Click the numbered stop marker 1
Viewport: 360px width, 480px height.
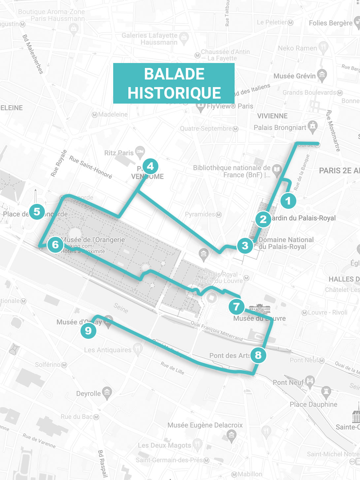click(288, 201)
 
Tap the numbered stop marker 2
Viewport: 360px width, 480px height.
click(263, 219)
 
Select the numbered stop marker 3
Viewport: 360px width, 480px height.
click(245, 245)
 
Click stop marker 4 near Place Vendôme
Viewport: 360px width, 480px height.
click(150, 166)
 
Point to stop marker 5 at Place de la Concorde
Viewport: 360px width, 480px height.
click(37, 211)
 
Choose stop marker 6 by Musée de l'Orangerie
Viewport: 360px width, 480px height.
click(55, 244)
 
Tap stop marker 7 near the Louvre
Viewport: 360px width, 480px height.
click(236, 306)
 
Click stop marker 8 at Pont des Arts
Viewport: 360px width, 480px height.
click(258, 355)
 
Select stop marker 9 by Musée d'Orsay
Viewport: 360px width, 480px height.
click(88, 330)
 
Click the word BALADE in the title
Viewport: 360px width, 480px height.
click(174, 74)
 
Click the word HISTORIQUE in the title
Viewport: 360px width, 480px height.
click(174, 93)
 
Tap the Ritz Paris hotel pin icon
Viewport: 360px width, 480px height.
click(140, 151)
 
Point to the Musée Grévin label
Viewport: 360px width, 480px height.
click(294, 76)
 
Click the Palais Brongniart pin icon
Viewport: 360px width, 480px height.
click(312, 126)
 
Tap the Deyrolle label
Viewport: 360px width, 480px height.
click(88, 394)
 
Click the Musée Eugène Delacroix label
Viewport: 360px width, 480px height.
click(205, 425)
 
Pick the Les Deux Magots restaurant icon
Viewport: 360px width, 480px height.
click(197, 444)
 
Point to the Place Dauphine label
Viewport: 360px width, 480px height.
click(313, 404)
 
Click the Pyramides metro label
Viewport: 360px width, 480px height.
click(200, 214)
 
